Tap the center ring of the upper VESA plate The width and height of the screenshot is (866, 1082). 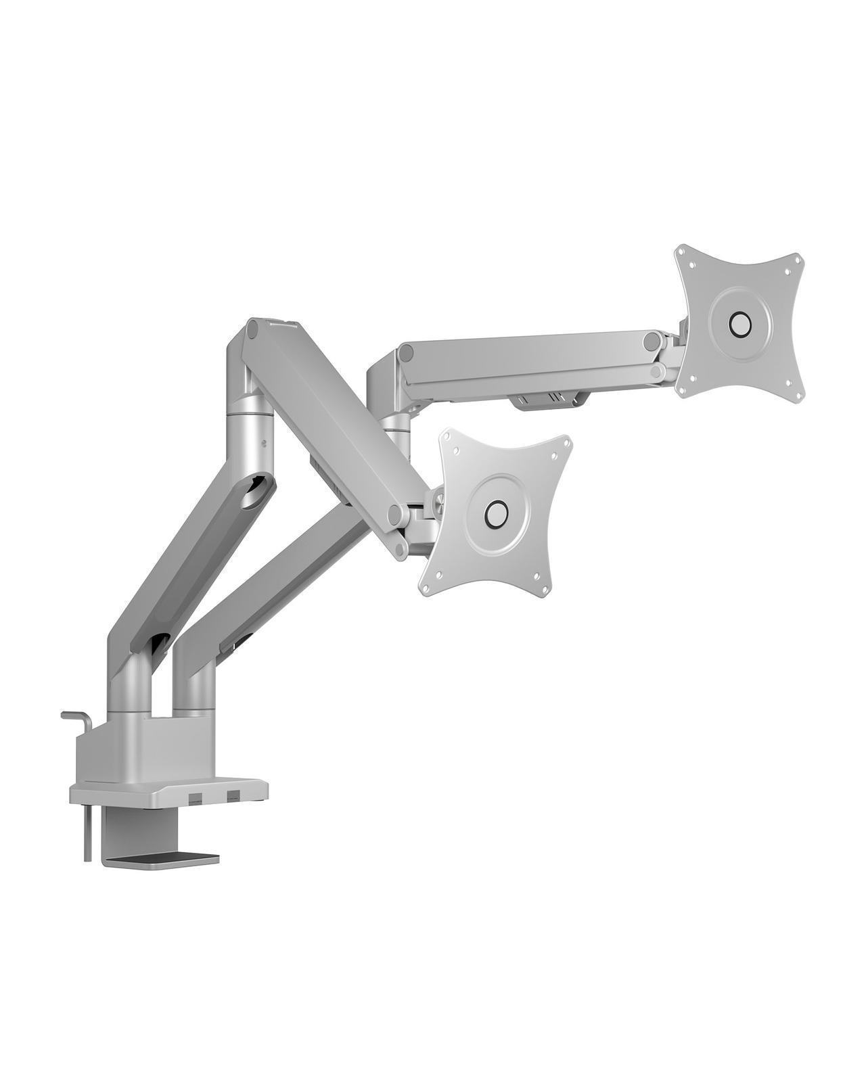(739, 324)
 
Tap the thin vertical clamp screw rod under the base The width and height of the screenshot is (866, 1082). (88, 832)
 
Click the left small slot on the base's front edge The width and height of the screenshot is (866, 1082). (195, 793)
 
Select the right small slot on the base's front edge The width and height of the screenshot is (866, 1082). (233, 793)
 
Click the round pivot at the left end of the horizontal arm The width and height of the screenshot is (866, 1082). (407, 352)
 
